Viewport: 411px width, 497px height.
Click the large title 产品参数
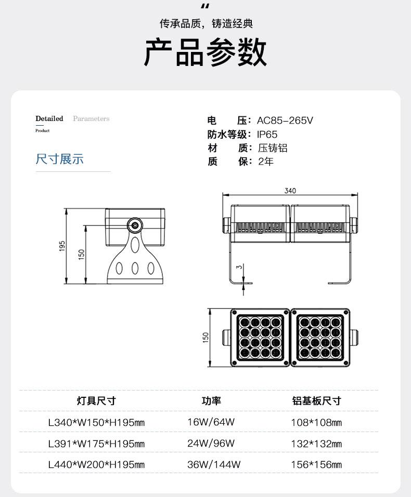click(x=205, y=52)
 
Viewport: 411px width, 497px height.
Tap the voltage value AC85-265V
click(x=285, y=120)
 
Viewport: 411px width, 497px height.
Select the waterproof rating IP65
click(x=267, y=135)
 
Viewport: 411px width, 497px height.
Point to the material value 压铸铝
click(x=273, y=148)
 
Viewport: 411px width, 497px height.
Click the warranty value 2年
click(x=266, y=162)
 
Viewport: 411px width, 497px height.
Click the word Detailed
click(x=49, y=118)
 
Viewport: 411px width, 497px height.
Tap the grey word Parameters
click(x=91, y=118)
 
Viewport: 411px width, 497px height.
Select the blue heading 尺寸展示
click(x=59, y=159)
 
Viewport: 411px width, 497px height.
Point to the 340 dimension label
click(x=290, y=191)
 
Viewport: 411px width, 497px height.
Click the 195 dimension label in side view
click(x=62, y=246)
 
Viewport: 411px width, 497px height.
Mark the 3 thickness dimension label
click(x=239, y=267)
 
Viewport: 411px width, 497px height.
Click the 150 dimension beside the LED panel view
click(x=206, y=337)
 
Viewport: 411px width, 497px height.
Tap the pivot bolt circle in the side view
click(x=135, y=225)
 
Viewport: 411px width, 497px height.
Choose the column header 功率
click(x=211, y=400)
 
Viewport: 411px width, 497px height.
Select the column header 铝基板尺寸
click(x=317, y=400)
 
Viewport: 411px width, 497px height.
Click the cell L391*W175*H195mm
click(x=97, y=444)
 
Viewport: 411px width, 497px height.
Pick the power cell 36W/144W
click(x=214, y=464)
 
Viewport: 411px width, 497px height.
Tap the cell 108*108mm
click(x=316, y=422)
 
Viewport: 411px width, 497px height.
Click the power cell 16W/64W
click(x=211, y=422)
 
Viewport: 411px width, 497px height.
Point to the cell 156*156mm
click(x=316, y=464)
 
